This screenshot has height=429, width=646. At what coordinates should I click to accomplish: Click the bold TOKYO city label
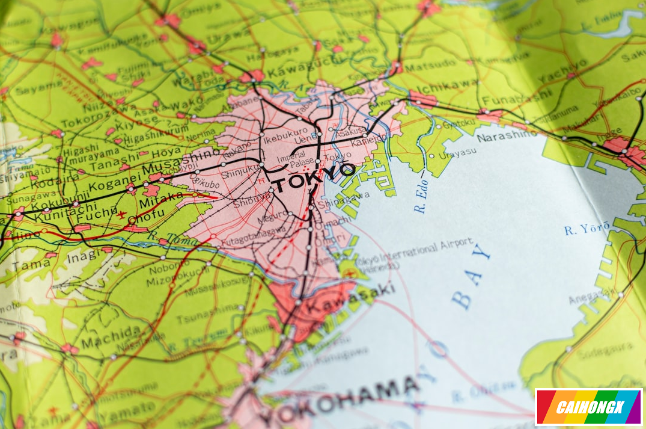tap(312, 174)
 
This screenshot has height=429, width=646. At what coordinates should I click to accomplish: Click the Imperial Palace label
tap(291, 159)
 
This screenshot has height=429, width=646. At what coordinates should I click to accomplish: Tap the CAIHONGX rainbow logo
tap(588, 407)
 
